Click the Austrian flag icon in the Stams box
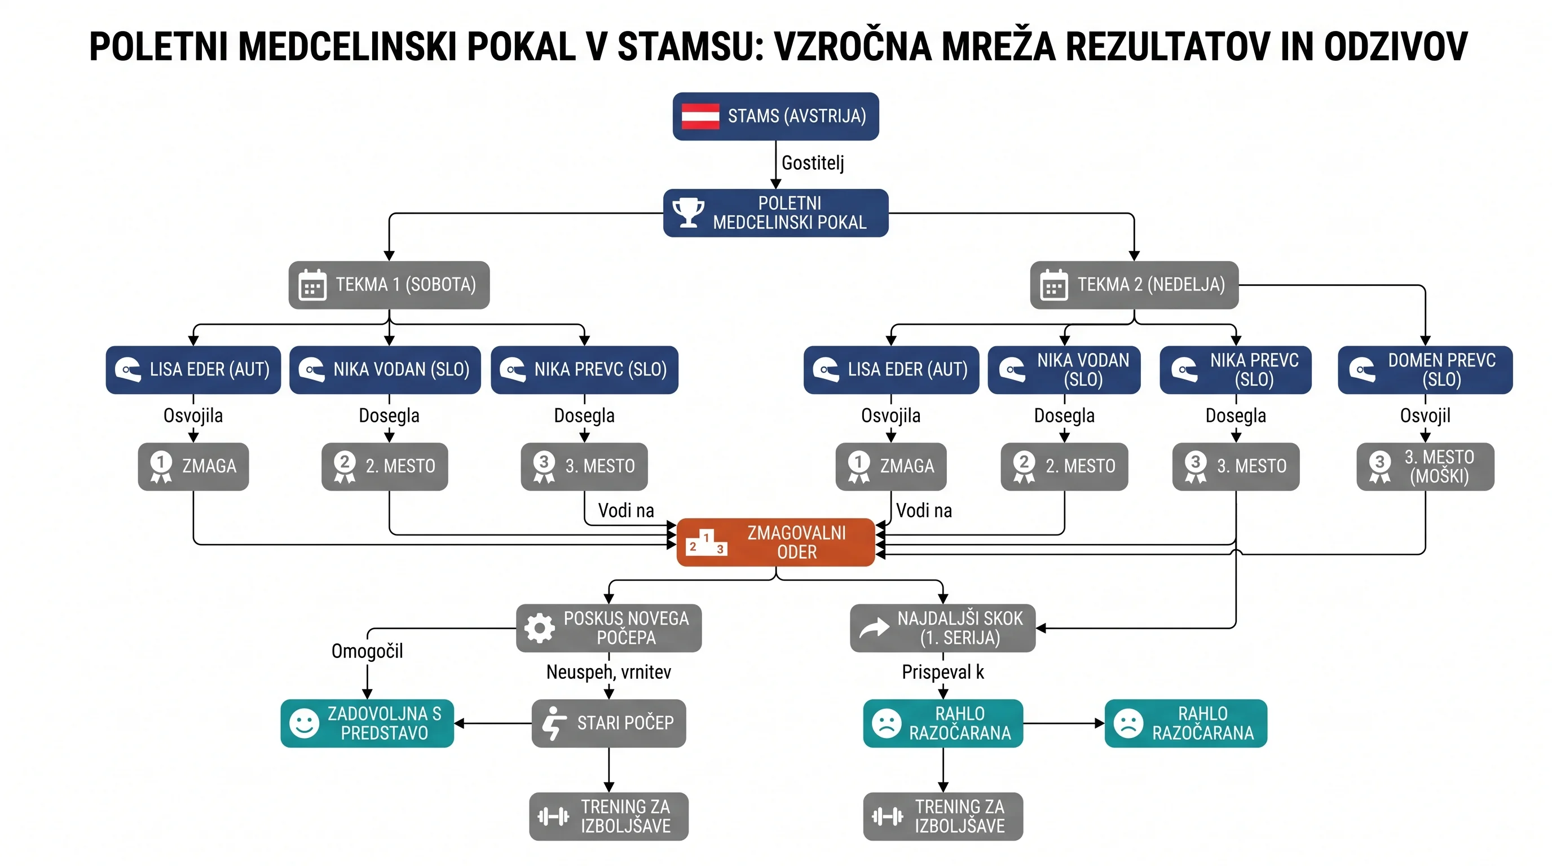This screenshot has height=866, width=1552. coord(700,116)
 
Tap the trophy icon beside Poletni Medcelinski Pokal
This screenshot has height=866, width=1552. coord(688,213)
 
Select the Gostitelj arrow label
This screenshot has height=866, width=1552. coord(813,162)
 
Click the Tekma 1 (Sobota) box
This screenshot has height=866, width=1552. coord(389,285)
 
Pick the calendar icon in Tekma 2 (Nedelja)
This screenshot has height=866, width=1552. coord(1053,285)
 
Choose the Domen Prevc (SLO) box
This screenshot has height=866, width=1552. coord(1425,370)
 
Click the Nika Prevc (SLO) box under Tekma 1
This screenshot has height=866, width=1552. coord(584,370)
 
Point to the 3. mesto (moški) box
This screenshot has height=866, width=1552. coord(1425,467)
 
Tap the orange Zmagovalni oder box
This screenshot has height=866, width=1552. coord(775,542)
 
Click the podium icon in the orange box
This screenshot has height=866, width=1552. coord(707,542)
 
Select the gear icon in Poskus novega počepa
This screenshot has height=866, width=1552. coord(540,628)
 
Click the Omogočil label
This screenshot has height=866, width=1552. coord(367,651)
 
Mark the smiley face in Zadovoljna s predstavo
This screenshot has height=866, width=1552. coord(305,723)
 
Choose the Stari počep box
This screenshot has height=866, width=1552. coord(609,723)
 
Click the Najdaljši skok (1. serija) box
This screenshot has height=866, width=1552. coord(943,628)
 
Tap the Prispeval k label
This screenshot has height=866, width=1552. coord(943,672)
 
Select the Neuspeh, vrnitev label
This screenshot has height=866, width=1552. coord(609,672)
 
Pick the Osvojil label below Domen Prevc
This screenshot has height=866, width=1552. coord(1425,416)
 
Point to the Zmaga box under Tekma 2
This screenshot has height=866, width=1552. coord(891,467)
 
